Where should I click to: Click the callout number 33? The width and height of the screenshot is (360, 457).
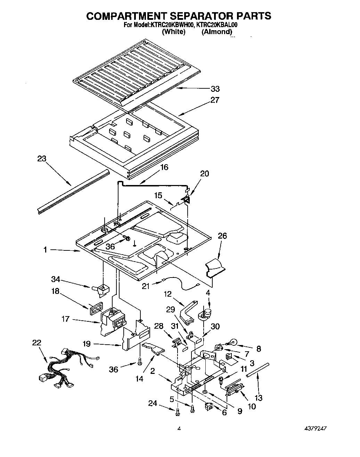[215, 89]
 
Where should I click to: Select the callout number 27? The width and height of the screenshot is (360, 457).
[215, 100]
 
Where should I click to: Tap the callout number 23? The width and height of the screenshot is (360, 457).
[42, 159]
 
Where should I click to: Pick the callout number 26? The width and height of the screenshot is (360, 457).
[222, 236]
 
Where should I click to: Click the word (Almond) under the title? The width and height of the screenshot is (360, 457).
[216, 32]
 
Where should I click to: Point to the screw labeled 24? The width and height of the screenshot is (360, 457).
[178, 412]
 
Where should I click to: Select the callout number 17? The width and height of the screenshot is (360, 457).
[66, 319]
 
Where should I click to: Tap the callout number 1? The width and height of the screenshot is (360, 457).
[45, 249]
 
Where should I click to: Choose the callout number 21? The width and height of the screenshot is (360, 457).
[146, 286]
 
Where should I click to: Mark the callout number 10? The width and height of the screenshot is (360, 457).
[252, 406]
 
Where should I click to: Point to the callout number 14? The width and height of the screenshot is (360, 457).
[139, 379]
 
